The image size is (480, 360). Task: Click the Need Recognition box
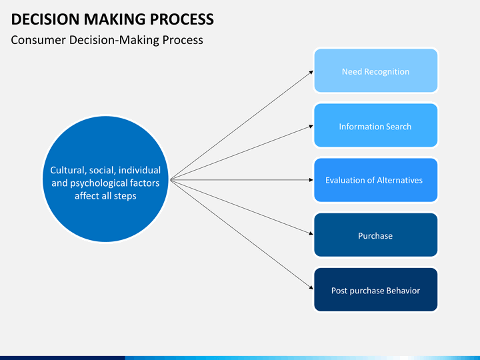point(375,71)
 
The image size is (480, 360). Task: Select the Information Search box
point(375,125)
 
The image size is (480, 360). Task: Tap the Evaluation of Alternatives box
point(375,180)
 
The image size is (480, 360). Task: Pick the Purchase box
point(375,235)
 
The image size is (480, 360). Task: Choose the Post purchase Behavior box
point(375,289)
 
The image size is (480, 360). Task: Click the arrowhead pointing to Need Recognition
point(311,72)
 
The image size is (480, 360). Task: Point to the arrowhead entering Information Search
point(311,126)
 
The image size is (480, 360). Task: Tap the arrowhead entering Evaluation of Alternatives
point(311,180)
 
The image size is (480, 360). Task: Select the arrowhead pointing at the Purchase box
point(311,233)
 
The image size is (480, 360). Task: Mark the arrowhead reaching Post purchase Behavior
point(311,287)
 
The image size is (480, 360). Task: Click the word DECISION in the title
point(45,19)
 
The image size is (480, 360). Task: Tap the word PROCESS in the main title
point(182,19)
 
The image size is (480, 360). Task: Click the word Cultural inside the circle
point(68,170)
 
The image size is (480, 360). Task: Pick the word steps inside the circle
point(125,196)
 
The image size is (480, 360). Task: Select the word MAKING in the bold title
point(115,19)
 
